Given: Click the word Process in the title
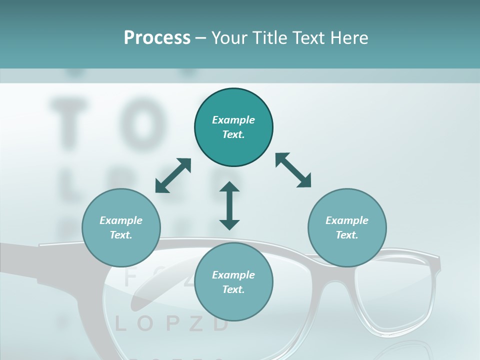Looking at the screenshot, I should coord(157,38).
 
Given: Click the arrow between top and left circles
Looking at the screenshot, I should coord(173,175).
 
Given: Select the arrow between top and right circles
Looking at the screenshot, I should coord(293,170).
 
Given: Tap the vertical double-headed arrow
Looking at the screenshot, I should coord(229,205).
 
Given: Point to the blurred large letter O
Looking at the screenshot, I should coord(142,120).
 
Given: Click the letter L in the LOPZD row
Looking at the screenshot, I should coord(120,324).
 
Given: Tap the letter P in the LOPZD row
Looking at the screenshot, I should coord(171,324).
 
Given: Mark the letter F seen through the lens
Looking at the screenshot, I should coord(129,277).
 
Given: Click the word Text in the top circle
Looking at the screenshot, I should coord(233,134).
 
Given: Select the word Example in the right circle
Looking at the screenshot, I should coord(347,220).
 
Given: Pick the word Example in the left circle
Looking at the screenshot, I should coord(121,220).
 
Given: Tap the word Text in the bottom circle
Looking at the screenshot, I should coord(233,289).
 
